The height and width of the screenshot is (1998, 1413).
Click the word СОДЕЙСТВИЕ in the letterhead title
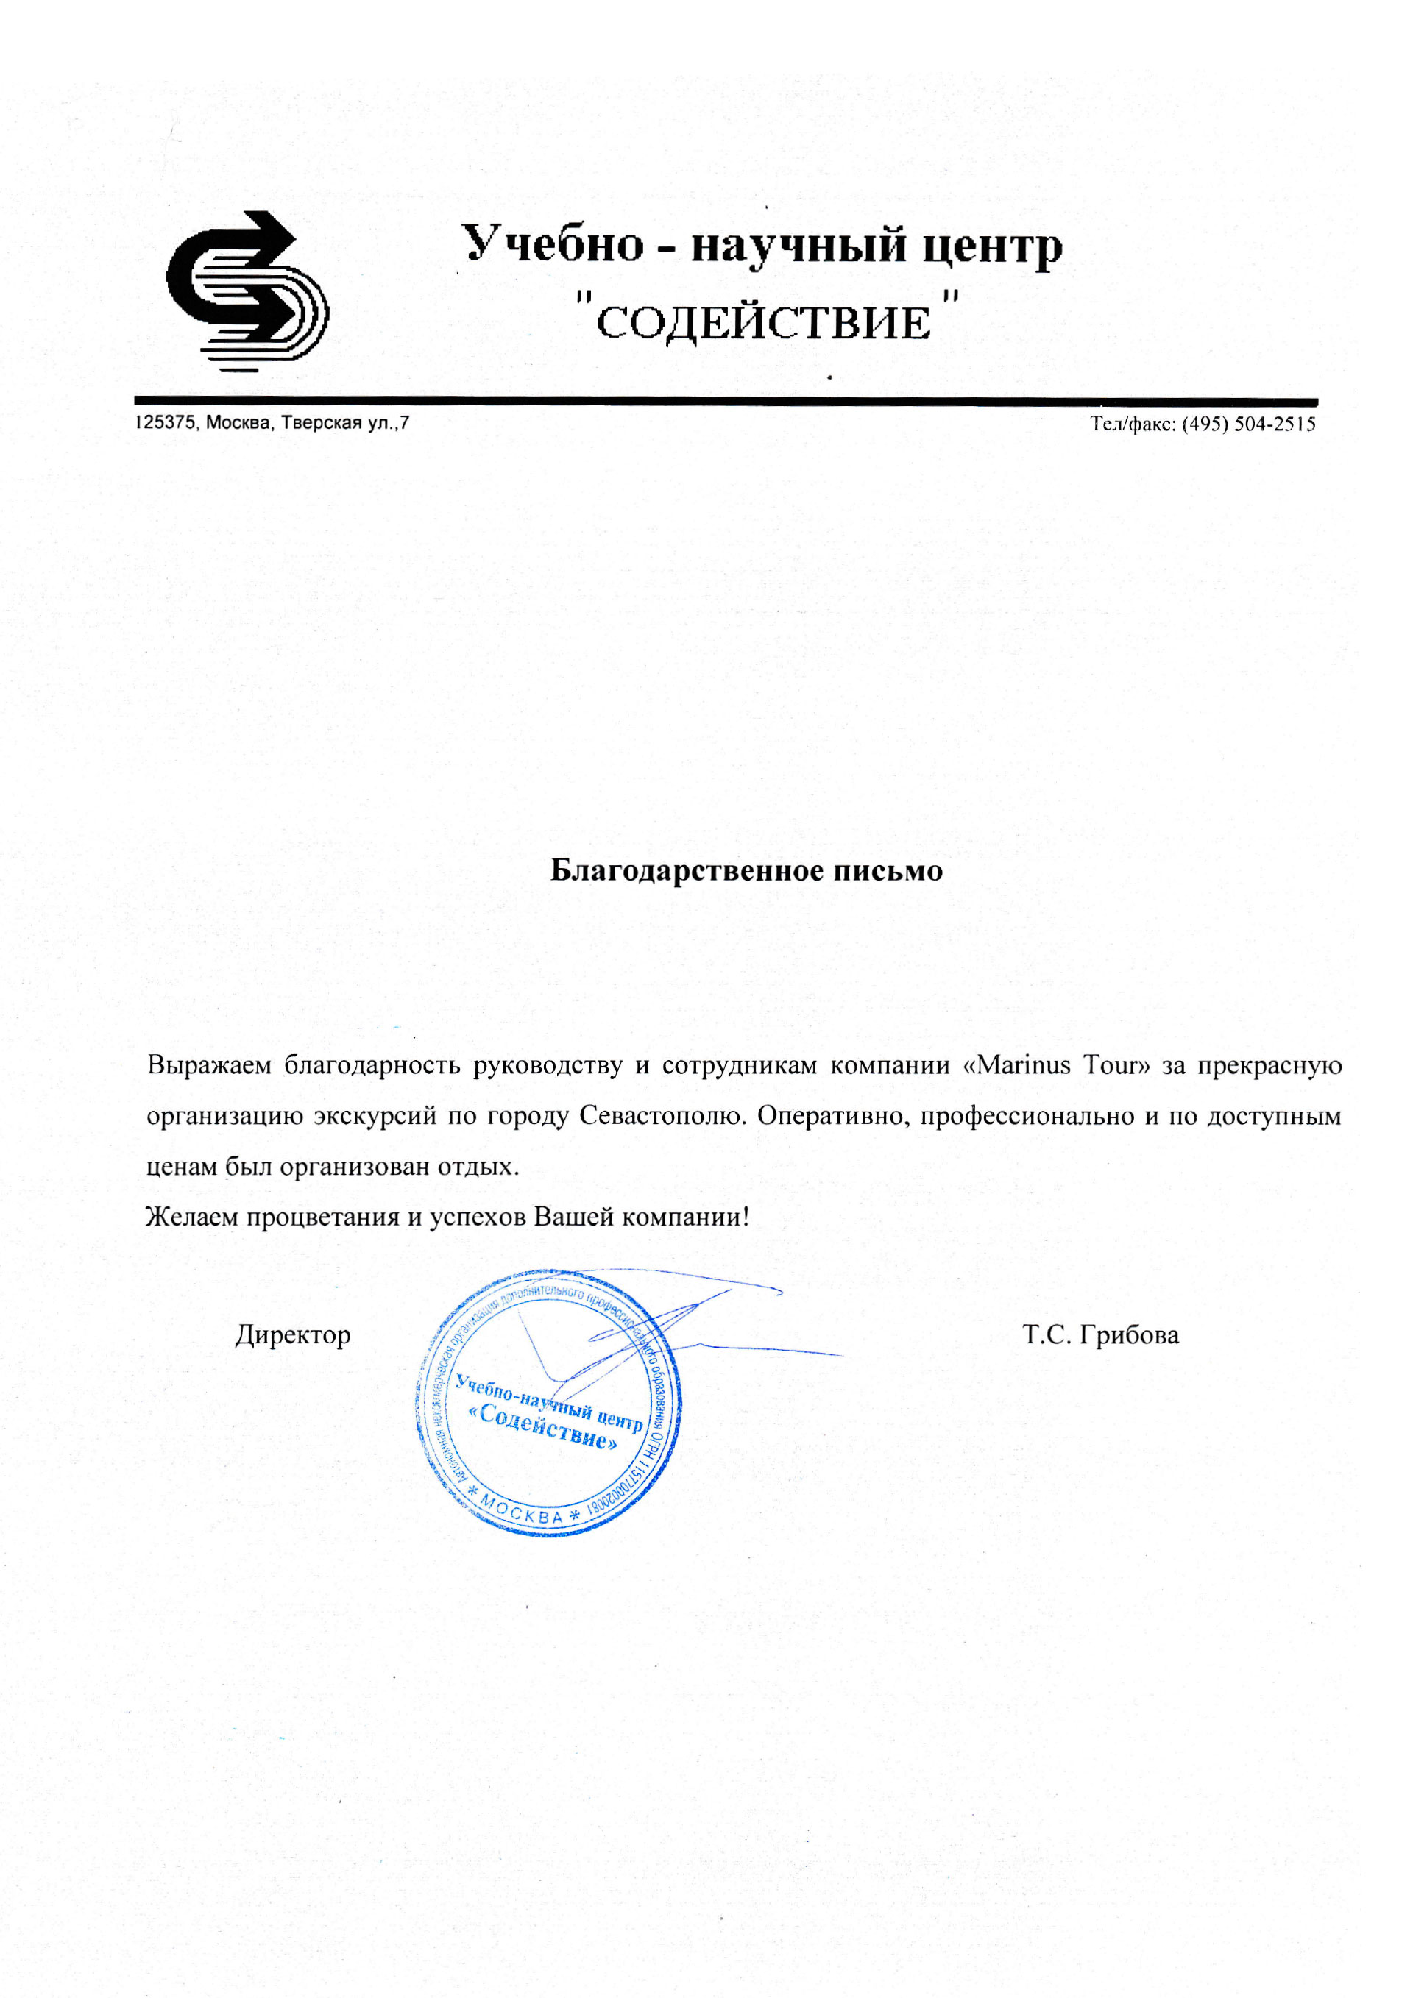[x=763, y=324]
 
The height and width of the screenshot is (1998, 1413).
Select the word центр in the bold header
[x=991, y=246]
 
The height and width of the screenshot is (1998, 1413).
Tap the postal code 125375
[x=166, y=424]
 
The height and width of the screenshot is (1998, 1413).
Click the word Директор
[x=292, y=1335]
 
